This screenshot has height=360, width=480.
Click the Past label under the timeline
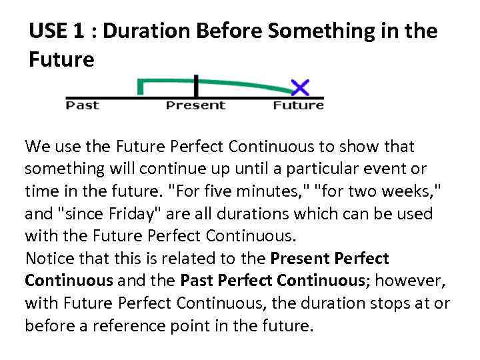tap(83, 105)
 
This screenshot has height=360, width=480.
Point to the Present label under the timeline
tap(195, 105)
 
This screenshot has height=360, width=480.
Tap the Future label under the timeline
tap(299, 105)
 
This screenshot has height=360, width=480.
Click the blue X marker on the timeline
tap(300, 87)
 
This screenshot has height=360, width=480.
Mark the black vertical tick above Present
tap(196, 85)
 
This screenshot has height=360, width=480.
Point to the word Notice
tap(47, 259)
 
